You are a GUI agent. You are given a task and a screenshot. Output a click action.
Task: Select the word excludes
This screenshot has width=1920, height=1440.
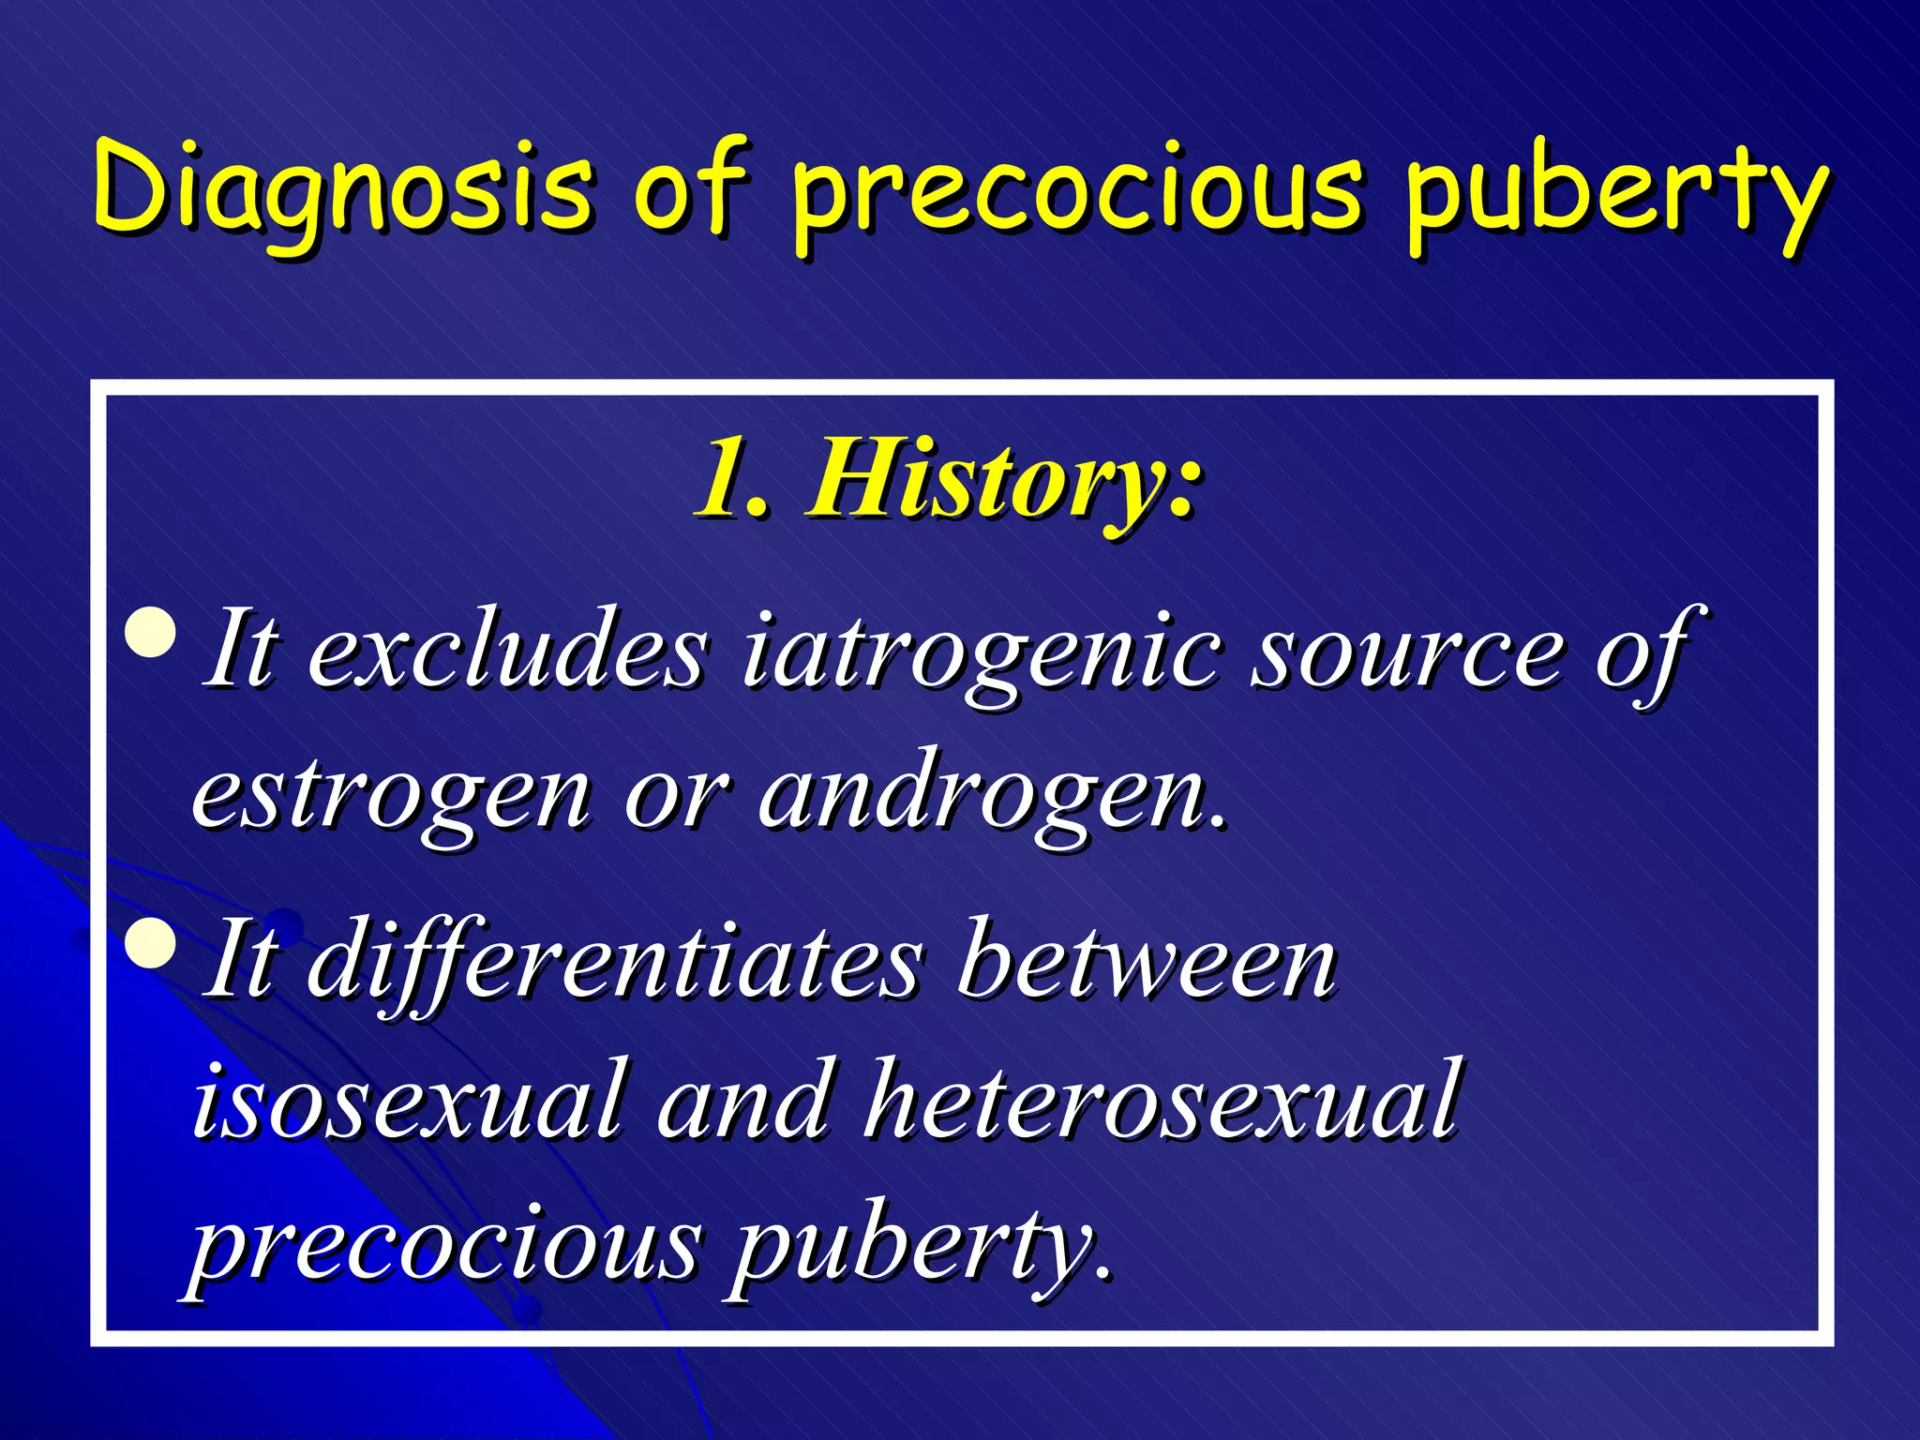[x=507, y=652]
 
